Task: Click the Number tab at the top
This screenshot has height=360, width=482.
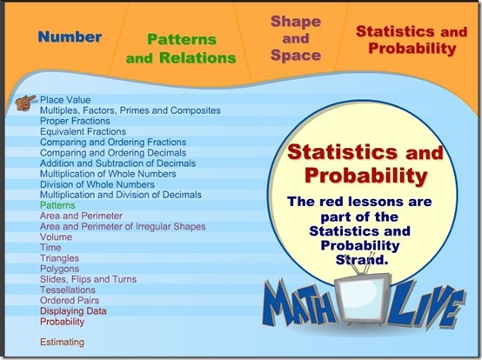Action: click(x=70, y=37)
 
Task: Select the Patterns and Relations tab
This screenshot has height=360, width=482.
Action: click(x=181, y=49)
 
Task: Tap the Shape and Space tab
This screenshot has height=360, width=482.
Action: click(x=296, y=38)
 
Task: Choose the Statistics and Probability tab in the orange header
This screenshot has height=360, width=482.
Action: click(x=412, y=40)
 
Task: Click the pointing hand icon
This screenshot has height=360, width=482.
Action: click(x=25, y=103)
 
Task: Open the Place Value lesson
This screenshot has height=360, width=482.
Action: click(x=65, y=100)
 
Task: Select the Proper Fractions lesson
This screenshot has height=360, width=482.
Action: click(x=75, y=121)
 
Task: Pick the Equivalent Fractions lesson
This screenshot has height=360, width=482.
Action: click(x=83, y=131)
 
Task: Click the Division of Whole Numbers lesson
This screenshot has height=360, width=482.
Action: click(x=97, y=184)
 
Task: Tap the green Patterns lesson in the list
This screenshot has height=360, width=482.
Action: click(x=57, y=205)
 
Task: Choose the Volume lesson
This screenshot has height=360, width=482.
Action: click(x=56, y=237)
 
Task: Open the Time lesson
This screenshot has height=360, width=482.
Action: click(x=50, y=248)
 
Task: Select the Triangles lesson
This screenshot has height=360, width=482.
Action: click(x=59, y=258)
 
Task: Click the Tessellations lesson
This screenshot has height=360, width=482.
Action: click(x=68, y=290)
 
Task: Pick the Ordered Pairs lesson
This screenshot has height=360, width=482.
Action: click(x=70, y=300)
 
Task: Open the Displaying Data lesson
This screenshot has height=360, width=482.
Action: click(x=73, y=310)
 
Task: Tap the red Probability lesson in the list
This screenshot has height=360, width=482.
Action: click(x=62, y=322)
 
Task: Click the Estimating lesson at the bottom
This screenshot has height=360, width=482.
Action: click(x=62, y=342)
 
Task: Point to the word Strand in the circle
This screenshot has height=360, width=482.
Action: click(x=360, y=260)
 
